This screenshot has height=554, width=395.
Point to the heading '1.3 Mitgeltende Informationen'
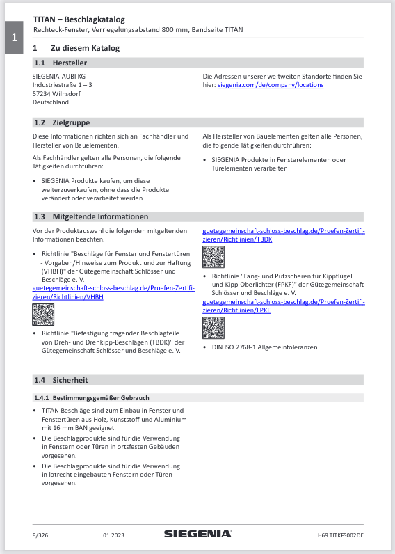[90, 216]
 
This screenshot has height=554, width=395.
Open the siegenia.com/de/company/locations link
[270, 85]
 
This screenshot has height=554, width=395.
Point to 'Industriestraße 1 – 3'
[63, 84]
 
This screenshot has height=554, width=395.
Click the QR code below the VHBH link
[43, 316]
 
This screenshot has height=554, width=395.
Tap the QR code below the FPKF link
[213, 328]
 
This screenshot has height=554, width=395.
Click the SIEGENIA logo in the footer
[197, 534]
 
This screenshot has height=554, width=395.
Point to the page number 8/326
[40, 535]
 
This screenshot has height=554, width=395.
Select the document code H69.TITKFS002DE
[340, 535]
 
